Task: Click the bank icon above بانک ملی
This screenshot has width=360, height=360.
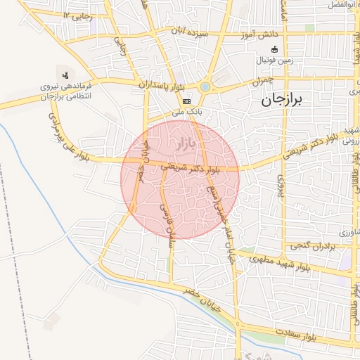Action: point(186,101)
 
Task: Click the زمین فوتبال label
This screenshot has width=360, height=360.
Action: point(275,60)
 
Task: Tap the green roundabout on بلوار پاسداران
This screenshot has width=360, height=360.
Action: point(205,86)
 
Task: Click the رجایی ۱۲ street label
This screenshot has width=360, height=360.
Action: point(77,15)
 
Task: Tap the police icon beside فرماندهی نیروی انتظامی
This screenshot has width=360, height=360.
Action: point(65,73)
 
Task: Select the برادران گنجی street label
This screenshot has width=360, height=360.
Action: point(310,245)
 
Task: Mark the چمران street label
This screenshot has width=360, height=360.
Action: point(262,82)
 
